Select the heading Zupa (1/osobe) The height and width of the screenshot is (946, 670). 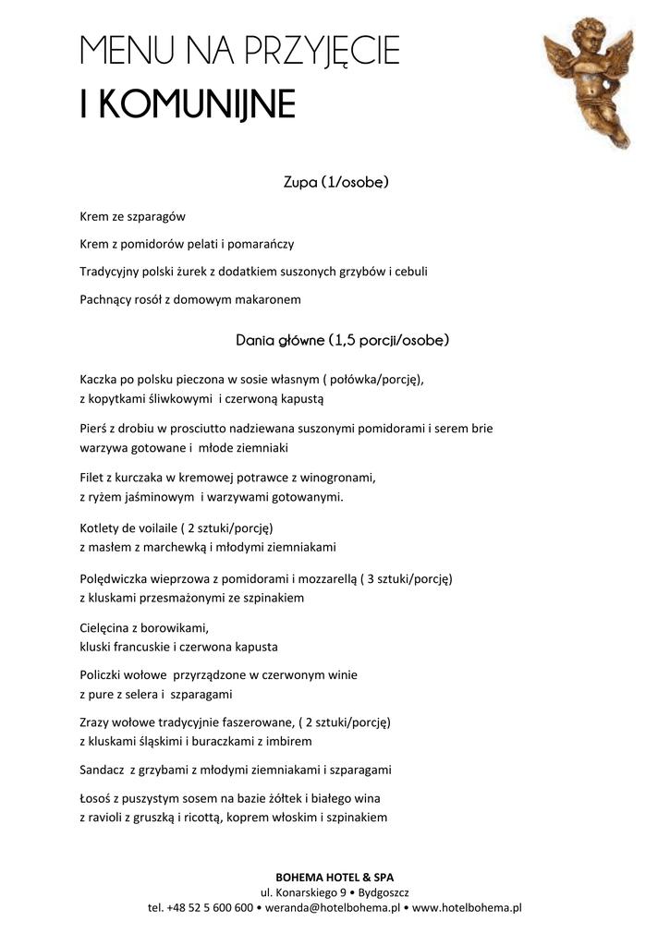tap(335, 182)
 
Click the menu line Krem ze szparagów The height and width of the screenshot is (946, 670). tap(133, 217)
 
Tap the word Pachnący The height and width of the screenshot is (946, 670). tap(107, 300)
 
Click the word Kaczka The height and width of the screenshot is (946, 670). tap(100, 380)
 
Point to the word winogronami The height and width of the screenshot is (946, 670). tap(347, 478)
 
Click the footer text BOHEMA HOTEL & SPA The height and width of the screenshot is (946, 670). tap(335, 876)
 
